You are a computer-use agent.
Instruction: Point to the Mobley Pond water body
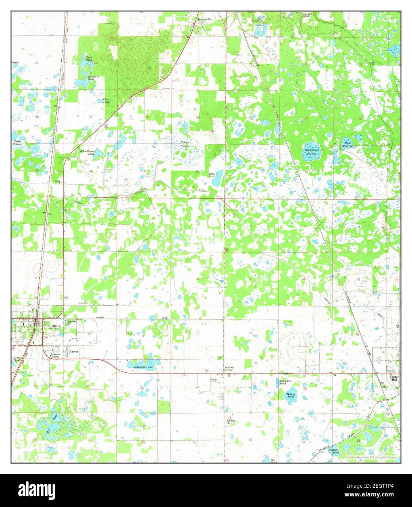coord(292,395)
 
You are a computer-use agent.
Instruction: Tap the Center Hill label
coord(394,378)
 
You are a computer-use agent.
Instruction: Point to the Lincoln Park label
coord(55,356)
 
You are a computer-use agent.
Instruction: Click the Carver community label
coord(74,352)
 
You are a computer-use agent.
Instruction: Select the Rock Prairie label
coord(348,145)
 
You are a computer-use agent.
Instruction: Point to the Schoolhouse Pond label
coord(88,152)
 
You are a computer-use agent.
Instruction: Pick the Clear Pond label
coord(106,101)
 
